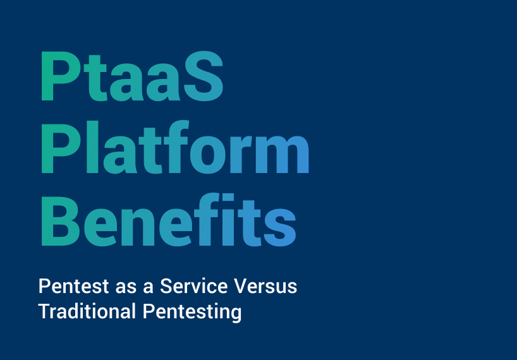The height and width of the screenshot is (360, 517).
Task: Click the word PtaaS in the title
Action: tap(132, 76)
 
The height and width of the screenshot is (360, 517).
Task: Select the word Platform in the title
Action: tap(175, 147)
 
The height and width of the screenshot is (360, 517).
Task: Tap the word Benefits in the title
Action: tap(169, 220)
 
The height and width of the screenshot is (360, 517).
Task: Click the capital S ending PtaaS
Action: tap(204, 76)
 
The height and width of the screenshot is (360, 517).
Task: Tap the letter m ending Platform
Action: tap(282, 154)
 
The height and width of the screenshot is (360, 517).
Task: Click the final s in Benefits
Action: tap(280, 227)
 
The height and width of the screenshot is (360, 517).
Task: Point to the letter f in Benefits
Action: tap(206, 219)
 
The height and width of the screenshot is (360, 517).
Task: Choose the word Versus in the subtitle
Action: tap(265, 286)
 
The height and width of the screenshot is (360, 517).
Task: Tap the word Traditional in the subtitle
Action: tap(87, 311)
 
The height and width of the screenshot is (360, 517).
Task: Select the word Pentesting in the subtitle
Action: tap(192, 312)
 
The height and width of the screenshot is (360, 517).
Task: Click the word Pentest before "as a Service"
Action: tap(73, 286)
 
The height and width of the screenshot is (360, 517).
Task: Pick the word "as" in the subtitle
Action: tap(126, 288)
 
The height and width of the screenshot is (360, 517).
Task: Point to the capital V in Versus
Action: tap(240, 286)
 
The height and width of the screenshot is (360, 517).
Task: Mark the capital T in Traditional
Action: tap(45, 311)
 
